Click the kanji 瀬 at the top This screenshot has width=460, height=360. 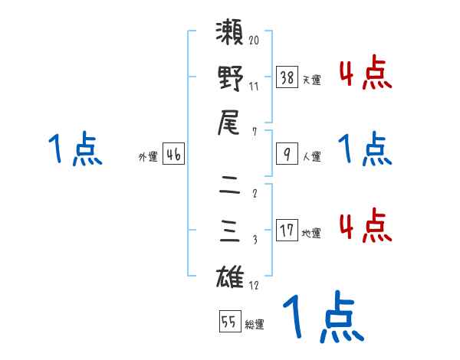[230, 34]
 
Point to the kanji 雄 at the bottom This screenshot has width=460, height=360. [230, 275]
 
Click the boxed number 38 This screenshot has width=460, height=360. [287, 77]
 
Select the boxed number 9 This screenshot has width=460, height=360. [287, 154]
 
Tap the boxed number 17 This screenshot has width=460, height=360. [287, 231]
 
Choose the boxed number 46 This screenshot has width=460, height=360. [173, 154]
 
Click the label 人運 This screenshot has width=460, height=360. [312, 156]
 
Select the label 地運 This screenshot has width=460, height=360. [312, 233]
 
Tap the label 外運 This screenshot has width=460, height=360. [148, 156]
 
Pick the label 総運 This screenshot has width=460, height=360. [255, 325]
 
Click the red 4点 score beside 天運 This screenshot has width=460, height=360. [365, 74]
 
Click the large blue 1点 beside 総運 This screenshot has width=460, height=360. [323, 318]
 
